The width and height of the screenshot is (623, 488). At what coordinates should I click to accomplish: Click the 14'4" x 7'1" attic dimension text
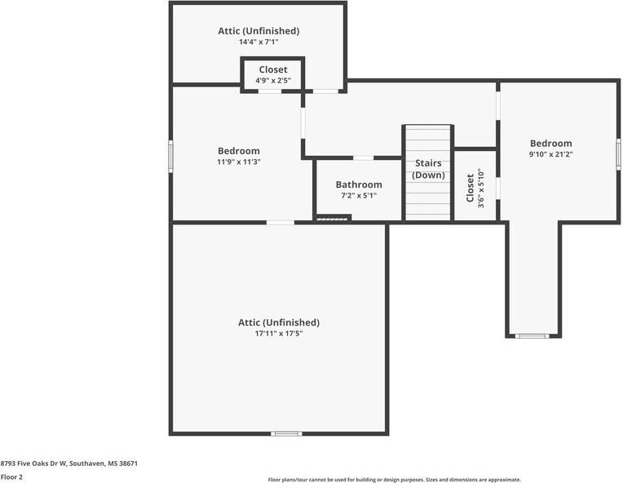point(258,42)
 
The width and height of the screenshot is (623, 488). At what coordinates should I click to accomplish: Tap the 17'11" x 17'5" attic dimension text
point(278,333)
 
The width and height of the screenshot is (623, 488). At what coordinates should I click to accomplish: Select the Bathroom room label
point(359,184)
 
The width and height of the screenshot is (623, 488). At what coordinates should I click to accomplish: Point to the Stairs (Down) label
point(428,169)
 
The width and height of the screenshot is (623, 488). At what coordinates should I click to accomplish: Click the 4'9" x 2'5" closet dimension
point(273,81)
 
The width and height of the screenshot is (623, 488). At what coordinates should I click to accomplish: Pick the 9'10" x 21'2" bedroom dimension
point(550,154)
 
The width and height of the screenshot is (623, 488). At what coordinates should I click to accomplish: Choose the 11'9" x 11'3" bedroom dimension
point(238,162)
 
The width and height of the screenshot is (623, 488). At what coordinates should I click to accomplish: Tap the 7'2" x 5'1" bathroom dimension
point(359,195)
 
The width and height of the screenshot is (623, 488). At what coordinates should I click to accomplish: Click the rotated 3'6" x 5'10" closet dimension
point(481,189)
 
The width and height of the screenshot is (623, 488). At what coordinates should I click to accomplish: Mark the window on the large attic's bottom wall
point(286,433)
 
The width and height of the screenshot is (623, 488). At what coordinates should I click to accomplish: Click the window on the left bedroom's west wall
point(170,155)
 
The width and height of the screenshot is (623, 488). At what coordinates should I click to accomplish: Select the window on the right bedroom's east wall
point(619,153)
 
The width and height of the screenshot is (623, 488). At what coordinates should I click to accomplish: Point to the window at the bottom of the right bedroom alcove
point(533,335)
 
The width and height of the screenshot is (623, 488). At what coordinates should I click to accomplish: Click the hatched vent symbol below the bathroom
point(332,218)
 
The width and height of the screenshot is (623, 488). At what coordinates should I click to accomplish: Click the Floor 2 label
point(11,477)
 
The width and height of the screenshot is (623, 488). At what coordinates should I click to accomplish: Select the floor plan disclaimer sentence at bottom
point(394,480)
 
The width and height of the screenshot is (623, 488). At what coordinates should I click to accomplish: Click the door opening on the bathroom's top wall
point(363,157)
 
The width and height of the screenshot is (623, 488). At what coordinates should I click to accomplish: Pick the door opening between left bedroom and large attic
point(281,222)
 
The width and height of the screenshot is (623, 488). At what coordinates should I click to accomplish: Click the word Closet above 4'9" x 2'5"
point(273,70)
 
